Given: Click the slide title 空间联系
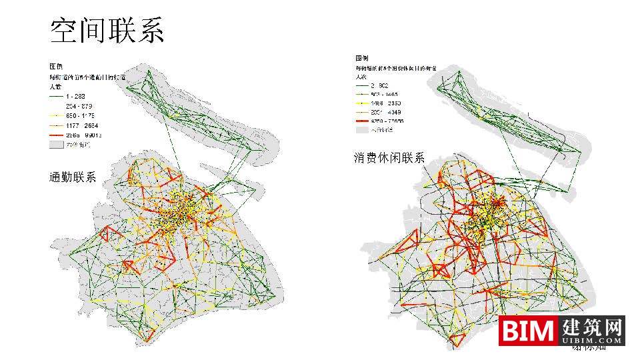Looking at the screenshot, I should click(107, 31).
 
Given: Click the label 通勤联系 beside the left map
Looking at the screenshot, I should click(73, 177).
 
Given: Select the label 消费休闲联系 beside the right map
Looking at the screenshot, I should click(389, 158).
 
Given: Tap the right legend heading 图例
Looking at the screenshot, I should click(362, 59).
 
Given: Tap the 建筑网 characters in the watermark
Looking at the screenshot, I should click(592, 327).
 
